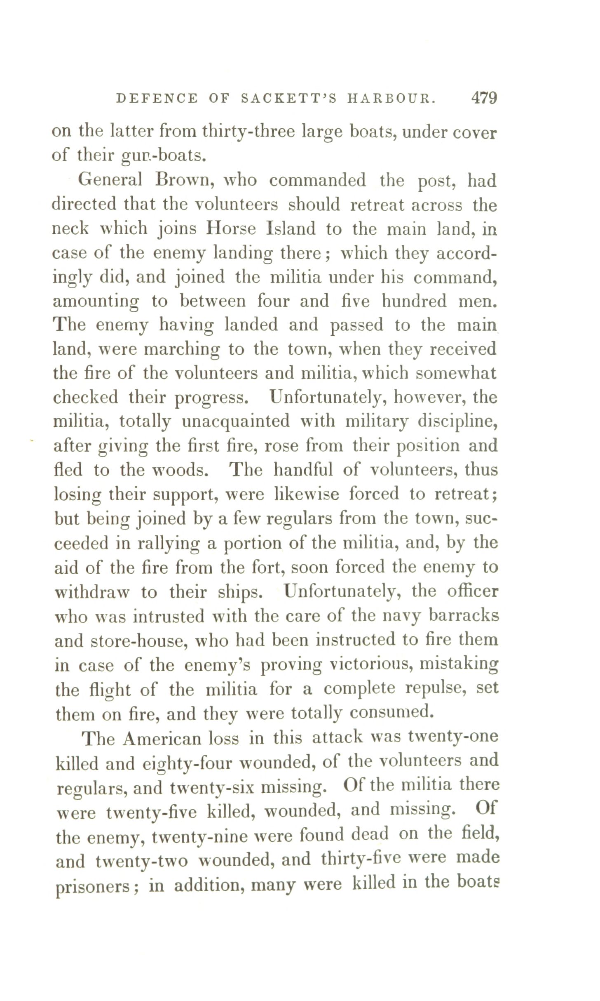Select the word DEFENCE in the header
(157, 99)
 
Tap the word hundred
(414, 301)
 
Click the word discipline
(457, 422)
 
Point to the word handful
(305, 470)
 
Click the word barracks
(464, 616)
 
